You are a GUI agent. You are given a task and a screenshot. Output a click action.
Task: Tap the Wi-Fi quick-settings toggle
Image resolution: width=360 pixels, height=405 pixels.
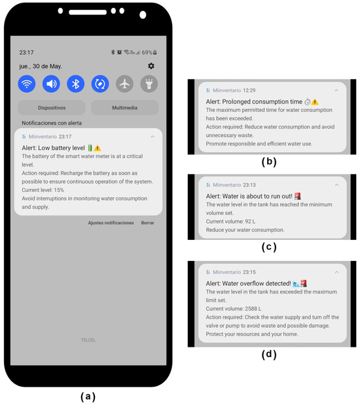[x=27, y=84]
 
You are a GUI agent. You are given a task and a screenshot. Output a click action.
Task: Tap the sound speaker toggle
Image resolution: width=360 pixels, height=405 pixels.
[x=51, y=84]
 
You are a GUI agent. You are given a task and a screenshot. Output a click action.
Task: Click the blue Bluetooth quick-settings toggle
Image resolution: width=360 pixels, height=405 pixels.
[x=76, y=84]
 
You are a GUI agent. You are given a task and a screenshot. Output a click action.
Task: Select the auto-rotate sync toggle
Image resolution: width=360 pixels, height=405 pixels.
[x=100, y=84]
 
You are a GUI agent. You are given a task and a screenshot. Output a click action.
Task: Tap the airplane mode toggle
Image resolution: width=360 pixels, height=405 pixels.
[x=124, y=84]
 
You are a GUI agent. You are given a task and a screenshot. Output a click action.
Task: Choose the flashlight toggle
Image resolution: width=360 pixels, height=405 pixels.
[x=149, y=84]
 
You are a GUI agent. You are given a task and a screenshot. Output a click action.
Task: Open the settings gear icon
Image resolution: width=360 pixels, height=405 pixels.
[x=151, y=66]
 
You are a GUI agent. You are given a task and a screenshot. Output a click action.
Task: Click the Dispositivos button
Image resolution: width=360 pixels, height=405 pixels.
[x=52, y=107]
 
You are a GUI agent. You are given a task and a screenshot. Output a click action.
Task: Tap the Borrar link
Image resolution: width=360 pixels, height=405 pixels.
[x=147, y=223]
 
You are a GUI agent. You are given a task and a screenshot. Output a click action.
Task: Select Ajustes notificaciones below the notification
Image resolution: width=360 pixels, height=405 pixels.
[x=111, y=223]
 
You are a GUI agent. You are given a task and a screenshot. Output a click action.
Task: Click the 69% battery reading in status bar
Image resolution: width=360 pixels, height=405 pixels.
[x=147, y=52]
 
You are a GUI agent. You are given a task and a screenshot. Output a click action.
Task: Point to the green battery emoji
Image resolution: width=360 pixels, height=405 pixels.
[x=90, y=147]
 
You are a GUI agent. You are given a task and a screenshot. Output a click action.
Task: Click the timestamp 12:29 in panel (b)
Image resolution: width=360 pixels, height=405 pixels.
[x=249, y=90]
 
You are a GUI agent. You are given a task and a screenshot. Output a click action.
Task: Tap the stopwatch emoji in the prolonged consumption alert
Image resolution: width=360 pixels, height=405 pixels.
[x=308, y=102]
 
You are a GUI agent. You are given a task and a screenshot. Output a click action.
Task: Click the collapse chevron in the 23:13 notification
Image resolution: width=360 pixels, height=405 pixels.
[x=336, y=185]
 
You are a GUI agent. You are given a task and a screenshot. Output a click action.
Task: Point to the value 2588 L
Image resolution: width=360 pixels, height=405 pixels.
[x=253, y=309]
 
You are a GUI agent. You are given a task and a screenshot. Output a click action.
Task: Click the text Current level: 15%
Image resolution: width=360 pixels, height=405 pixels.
[x=43, y=190]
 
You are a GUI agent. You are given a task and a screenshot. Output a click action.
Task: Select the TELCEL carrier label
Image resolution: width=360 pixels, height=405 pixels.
[x=88, y=340]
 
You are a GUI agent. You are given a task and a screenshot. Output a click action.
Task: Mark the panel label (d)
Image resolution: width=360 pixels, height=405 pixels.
[x=269, y=354]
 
